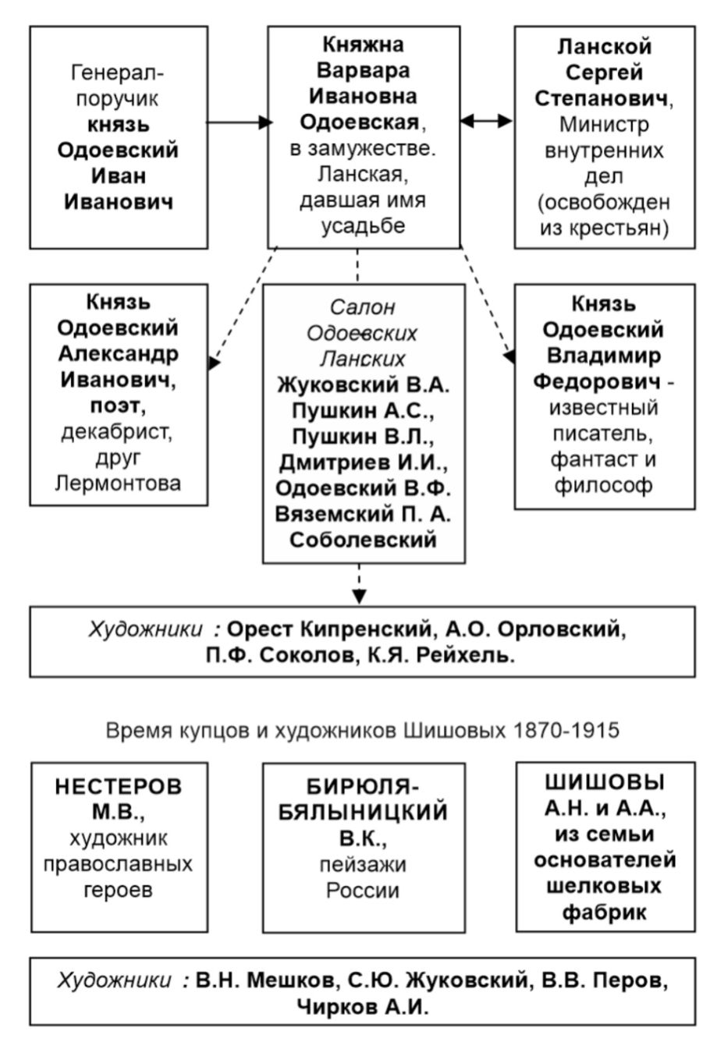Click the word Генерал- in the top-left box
[x=117, y=73]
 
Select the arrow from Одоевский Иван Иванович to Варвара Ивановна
[x=240, y=122]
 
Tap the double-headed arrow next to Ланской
[x=486, y=121]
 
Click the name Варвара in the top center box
[x=363, y=71]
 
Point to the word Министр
[x=605, y=124]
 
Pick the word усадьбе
[x=363, y=226]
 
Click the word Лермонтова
[x=118, y=483]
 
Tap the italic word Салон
[x=363, y=307]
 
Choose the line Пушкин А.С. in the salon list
[x=363, y=411]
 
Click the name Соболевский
[x=363, y=540]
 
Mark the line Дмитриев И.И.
[x=363, y=462]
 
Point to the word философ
[x=604, y=486]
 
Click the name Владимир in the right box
[x=604, y=356]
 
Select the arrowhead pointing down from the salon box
[x=359, y=597]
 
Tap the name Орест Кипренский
[x=329, y=629]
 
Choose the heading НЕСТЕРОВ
[x=119, y=787]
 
